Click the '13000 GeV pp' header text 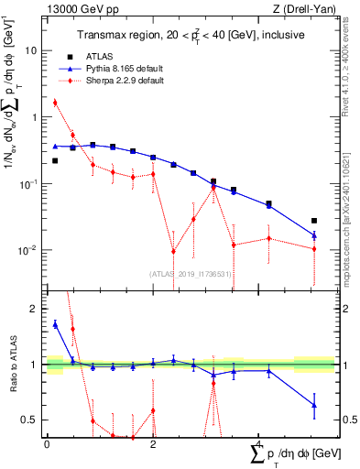point(79,7)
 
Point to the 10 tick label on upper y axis point(33,51)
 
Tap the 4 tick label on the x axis point(259,444)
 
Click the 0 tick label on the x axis point(47,444)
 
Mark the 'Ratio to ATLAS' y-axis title point(12,365)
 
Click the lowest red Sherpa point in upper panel point(174,251)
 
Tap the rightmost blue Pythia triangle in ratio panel point(314,405)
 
